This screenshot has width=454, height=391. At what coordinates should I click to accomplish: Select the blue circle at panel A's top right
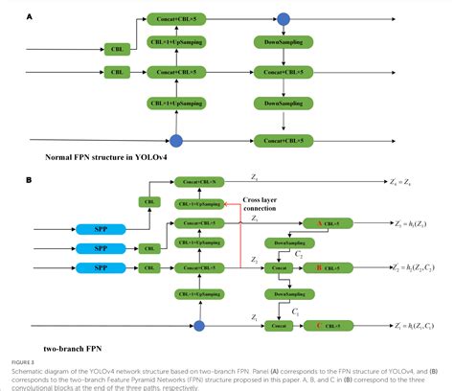pos(283,17)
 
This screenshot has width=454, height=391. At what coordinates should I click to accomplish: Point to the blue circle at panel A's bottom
pos(174,141)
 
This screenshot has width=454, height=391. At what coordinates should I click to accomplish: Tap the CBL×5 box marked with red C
pos(331,326)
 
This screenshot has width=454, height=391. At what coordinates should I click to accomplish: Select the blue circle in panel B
pos(199,327)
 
